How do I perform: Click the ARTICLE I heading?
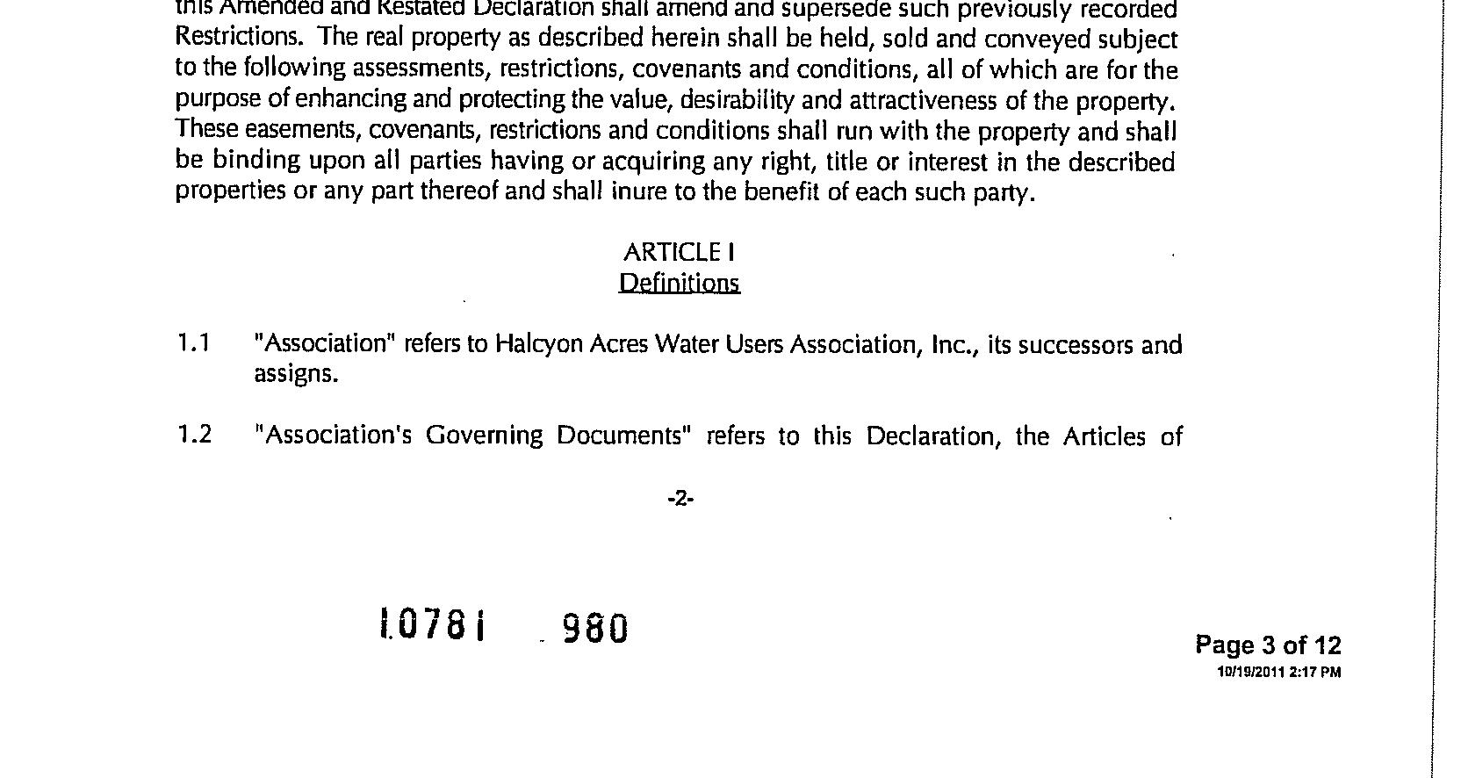679,253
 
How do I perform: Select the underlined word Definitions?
679,283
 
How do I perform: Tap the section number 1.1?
193,342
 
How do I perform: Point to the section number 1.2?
194,435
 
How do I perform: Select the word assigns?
296,374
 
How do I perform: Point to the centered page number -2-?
681,500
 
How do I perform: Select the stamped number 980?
595,628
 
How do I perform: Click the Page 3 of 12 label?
1268,646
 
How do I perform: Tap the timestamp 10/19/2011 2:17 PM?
1278,673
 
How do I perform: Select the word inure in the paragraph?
640,191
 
